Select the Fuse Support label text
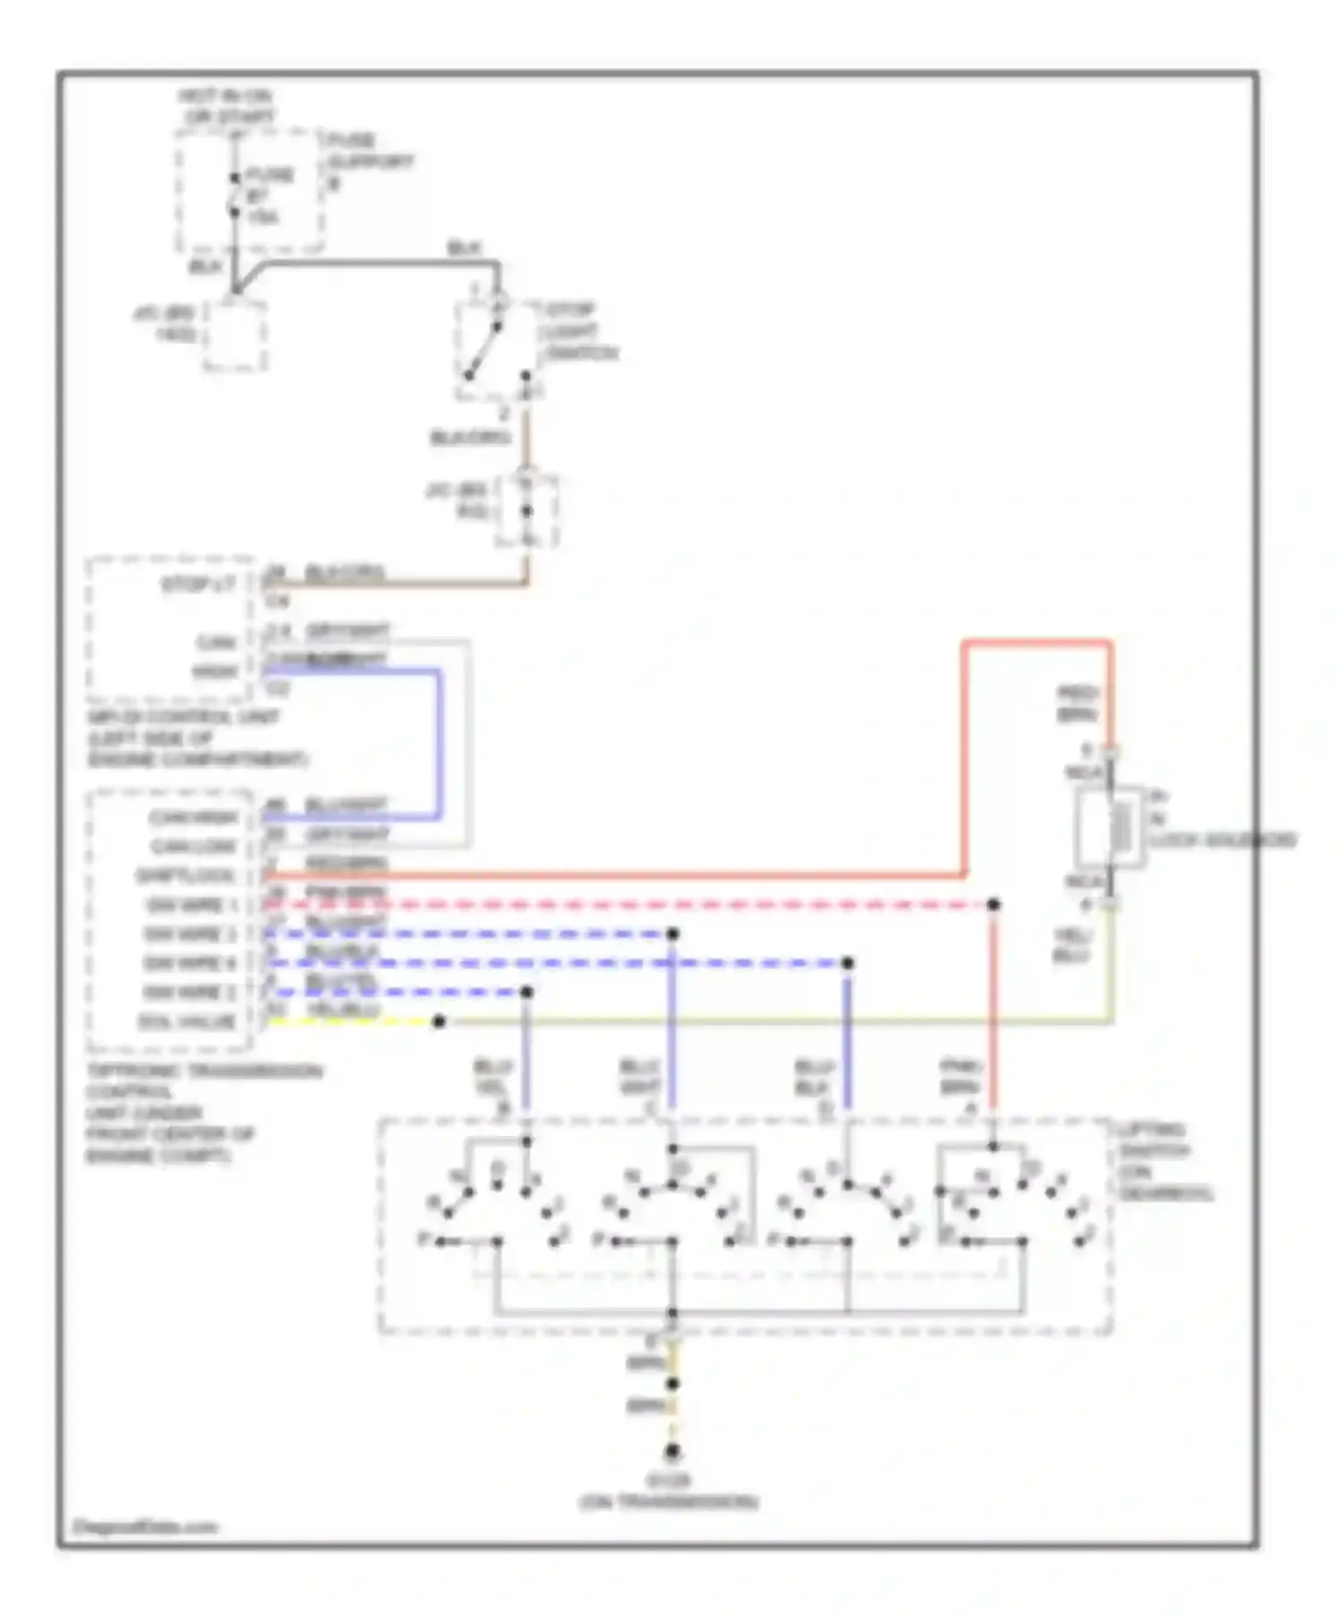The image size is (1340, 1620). pyautogui.click(x=369, y=162)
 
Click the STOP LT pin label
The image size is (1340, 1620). pyautogui.click(x=198, y=585)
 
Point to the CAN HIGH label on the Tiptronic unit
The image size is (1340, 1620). pyautogui.click(x=194, y=818)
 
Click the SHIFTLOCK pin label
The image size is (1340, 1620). pyautogui.click(x=186, y=876)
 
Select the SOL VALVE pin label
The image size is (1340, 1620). pyautogui.click(x=187, y=1021)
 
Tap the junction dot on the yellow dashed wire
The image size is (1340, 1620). pyautogui.click(x=439, y=1022)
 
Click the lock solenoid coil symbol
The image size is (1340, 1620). pyautogui.click(x=1119, y=828)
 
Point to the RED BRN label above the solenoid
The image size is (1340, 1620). pyautogui.click(x=1076, y=704)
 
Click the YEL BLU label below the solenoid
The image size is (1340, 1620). pyautogui.click(x=1071, y=945)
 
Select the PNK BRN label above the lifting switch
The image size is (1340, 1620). pyautogui.click(x=960, y=1076)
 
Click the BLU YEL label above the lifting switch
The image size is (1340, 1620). pyautogui.click(x=491, y=1077)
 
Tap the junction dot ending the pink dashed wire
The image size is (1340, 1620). pyautogui.click(x=992, y=905)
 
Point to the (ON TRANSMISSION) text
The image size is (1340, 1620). pyautogui.click(x=668, y=1502)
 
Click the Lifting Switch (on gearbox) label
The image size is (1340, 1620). pyautogui.click(x=1163, y=1161)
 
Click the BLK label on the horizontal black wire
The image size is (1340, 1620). pyautogui.click(x=464, y=248)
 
